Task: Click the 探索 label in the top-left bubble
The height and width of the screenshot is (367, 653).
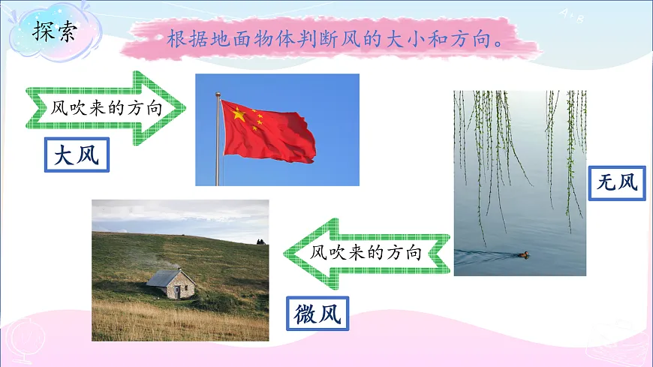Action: [x=54, y=32]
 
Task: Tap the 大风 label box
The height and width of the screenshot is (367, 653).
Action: [x=77, y=155]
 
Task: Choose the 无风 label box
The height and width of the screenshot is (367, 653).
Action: [x=617, y=182]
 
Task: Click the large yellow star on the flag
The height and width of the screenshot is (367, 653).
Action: [x=239, y=115]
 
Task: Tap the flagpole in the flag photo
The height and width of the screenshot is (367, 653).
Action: [x=218, y=143]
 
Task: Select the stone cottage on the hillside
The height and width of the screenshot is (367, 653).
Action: [x=172, y=285]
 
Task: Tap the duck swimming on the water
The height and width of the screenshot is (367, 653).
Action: [x=522, y=254]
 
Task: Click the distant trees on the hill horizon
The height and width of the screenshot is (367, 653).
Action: [x=260, y=241]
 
